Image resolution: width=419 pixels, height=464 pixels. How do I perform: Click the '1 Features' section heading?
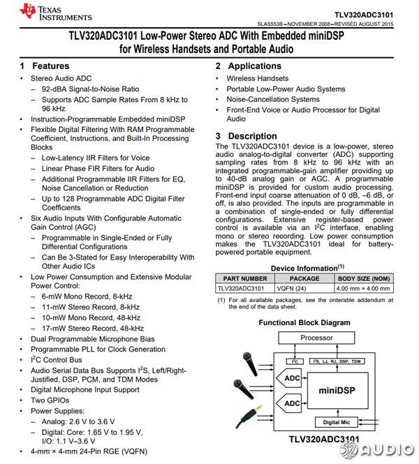pos(45,66)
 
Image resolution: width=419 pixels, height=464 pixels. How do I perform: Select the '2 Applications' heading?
pos(247,66)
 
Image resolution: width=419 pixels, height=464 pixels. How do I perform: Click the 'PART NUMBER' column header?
pos(241,278)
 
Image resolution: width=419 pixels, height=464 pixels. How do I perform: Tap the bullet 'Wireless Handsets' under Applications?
pos(258,79)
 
